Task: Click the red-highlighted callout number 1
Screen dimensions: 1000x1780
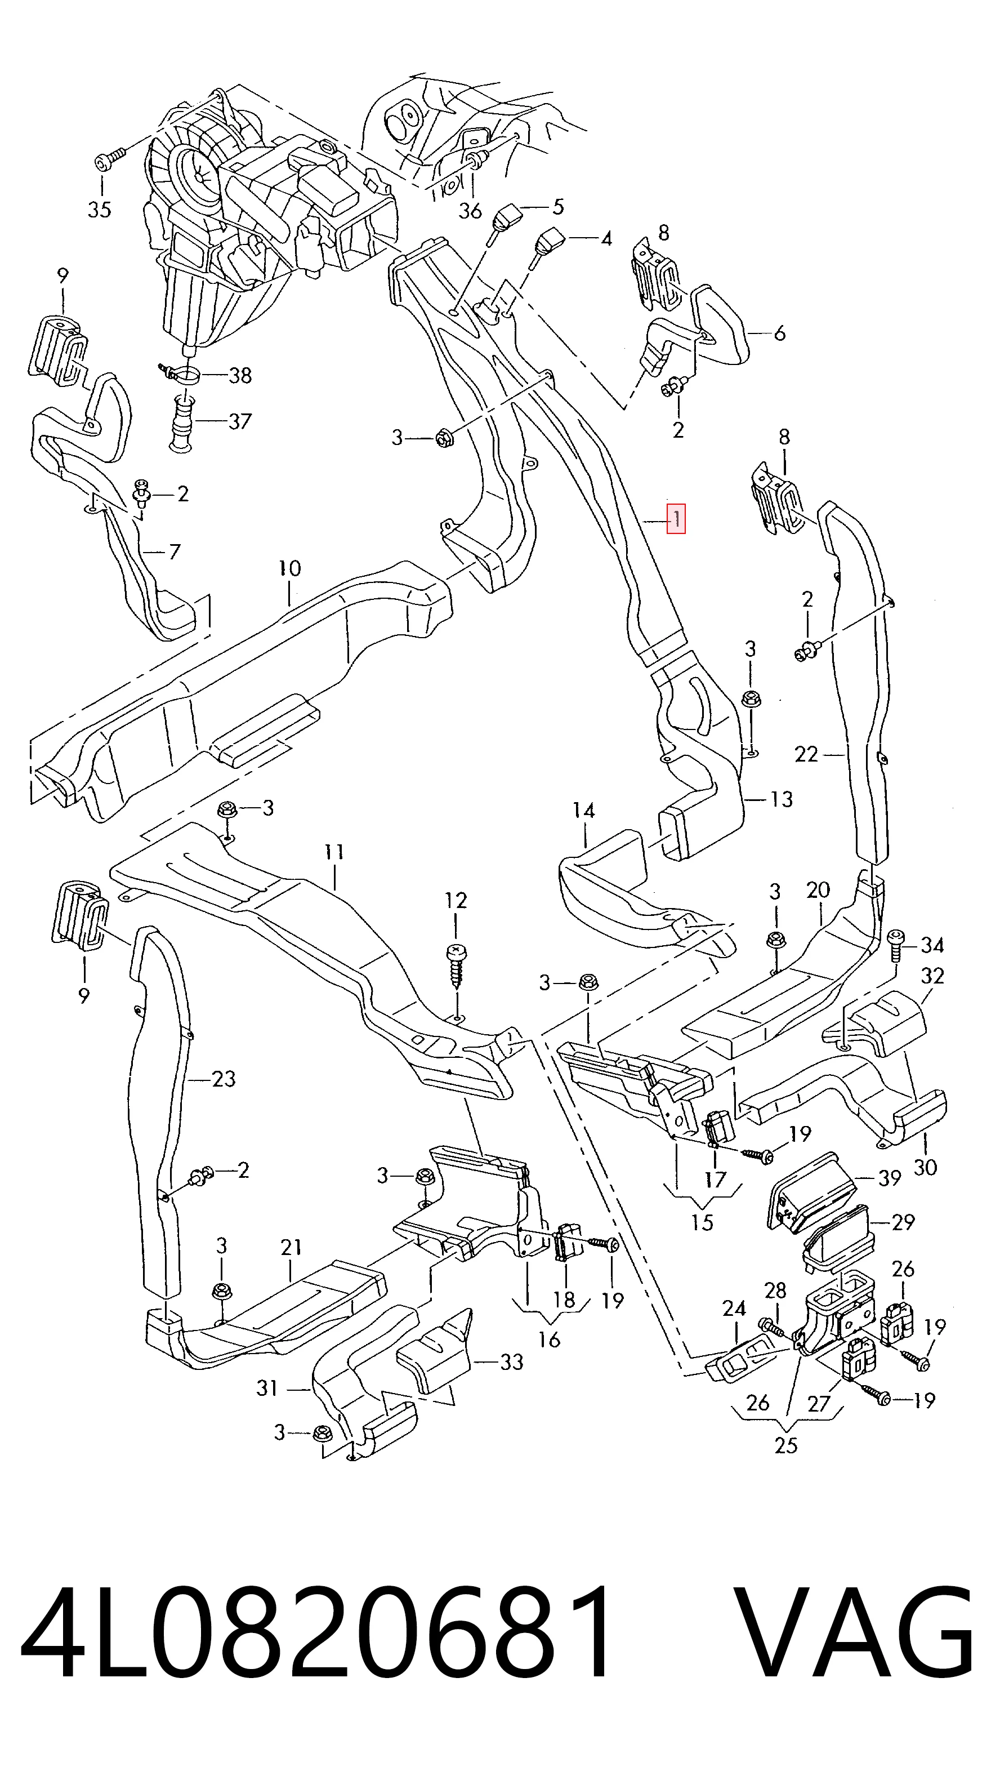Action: tap(676, 518)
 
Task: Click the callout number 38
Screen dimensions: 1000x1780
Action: tap(240, 375)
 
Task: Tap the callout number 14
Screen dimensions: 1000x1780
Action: tap(583, 810)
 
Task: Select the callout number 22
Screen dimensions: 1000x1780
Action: tap(806, 754)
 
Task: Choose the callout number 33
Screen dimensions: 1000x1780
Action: tap(512, 1362)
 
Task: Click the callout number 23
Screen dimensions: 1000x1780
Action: tap(224, 1078)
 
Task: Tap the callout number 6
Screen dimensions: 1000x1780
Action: tap(780, 333)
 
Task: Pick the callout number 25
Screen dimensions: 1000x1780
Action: tap(787, 1445)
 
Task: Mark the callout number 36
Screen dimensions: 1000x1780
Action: tap(470, 210)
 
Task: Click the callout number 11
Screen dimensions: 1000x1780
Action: tap(335, 852)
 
